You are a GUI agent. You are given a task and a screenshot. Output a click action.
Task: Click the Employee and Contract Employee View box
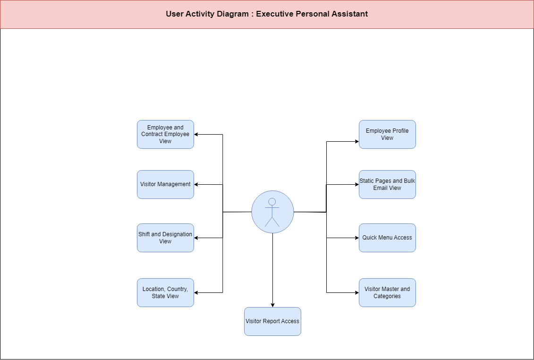click(x=166, y=134)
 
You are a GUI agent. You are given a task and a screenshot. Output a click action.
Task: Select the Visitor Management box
click(x=166, y=184)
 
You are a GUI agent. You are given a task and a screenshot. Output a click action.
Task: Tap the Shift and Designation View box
click(x=166, y=238)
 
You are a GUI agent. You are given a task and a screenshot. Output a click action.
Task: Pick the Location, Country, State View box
click(x=166, y=292)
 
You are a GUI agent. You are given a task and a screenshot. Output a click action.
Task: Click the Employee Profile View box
click(x=387, y=134)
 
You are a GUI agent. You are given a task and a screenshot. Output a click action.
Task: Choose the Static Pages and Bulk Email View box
click(x=387, y=184)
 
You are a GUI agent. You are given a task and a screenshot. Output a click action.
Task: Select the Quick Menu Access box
click(x=387, y=238)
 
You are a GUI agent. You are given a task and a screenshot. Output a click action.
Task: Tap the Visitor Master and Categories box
click(x=387, y=292)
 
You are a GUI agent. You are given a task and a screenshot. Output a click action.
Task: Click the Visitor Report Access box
click(x=272, y=321)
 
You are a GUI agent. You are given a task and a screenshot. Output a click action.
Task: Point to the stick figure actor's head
click(x=272, y=201)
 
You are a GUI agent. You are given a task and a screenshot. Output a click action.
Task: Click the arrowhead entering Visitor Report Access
click(x=272, y=305)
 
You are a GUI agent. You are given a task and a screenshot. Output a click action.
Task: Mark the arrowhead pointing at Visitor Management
click(x=196, y=184)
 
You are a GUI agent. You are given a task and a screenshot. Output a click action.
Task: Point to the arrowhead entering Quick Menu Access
click(x=357, y=238)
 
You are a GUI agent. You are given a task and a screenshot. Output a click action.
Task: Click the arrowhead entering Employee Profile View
click(x=357, y=141)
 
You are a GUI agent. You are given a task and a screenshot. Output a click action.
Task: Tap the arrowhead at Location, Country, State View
click(x=196, y=292)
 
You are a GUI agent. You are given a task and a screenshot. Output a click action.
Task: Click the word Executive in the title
click(x=274, y=14)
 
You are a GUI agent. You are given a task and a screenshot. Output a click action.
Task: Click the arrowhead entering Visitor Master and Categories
click(x=357, y=292)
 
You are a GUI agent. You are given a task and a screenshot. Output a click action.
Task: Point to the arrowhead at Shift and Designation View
click(x=196, y=238)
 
